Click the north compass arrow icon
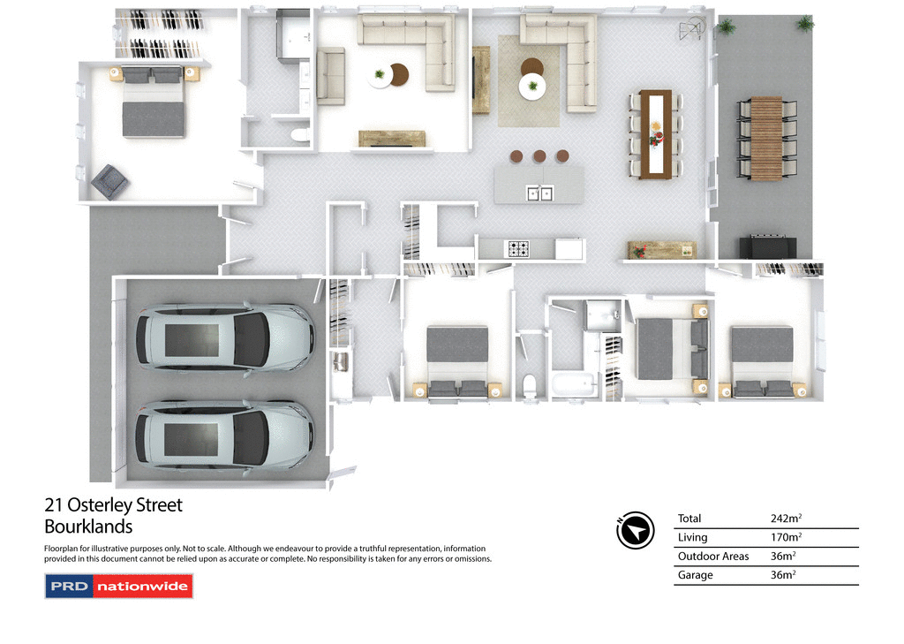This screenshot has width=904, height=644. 635,530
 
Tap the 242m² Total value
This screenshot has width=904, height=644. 788,519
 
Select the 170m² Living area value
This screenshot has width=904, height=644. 788,537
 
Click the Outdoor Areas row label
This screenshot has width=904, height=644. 713,557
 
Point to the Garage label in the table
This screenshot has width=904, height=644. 695,575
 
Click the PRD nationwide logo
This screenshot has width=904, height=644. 118,587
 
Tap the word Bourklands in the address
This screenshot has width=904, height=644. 88,527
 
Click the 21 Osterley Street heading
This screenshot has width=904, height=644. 113,505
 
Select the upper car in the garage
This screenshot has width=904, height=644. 224,337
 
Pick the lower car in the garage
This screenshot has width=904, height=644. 224,434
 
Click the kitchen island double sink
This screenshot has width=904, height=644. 539,192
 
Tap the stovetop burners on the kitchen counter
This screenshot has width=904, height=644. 516,248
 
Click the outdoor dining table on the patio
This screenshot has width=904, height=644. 765,138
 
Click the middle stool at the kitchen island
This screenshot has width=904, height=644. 539,156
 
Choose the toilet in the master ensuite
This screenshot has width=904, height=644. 300,135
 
